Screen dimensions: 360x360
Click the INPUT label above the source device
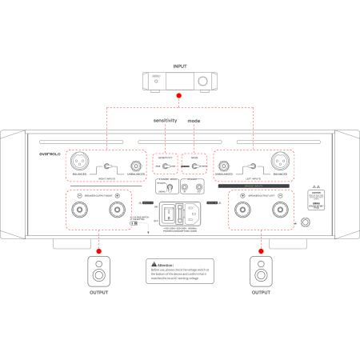179,67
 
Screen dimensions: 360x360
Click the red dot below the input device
179,96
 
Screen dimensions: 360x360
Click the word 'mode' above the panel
194,120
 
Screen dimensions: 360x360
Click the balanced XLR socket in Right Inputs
80,160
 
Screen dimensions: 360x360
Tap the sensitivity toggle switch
165,167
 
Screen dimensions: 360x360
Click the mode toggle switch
194,167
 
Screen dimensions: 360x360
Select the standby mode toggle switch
170,190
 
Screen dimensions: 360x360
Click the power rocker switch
170,214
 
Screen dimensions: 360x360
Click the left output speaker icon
100,271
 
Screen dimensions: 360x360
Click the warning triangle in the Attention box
150,264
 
